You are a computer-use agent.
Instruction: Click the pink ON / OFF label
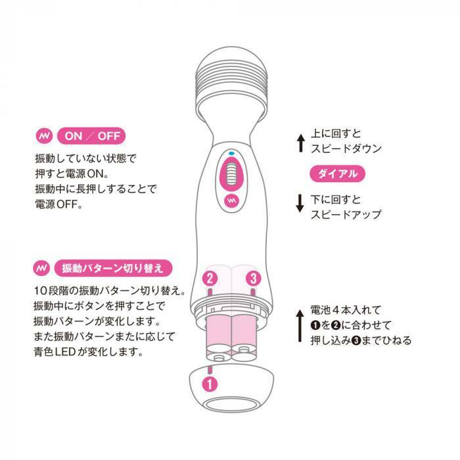(91, 137)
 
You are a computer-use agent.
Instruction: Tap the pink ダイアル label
(338, 174)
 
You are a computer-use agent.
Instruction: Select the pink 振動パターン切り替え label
(111, 268)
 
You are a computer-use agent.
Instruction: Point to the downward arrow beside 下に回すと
(300, 203)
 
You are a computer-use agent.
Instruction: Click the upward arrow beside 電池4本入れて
(300, 324)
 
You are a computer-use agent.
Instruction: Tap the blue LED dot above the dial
(231, 153)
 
